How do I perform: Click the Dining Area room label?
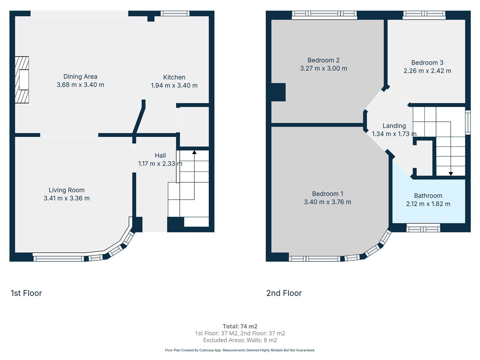[x=80, y=77]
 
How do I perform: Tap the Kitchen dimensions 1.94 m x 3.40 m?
[x=174, y=85]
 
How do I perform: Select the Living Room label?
[x=66, y=190]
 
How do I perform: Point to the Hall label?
[x=160, y=155]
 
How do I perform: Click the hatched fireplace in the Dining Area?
[x=22, y=80]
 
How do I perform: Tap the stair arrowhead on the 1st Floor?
[x=194, y=152]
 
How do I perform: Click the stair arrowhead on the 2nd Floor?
[x=451, y=174]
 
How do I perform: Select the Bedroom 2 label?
[x=323, y=60]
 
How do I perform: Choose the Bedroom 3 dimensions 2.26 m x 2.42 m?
[x=427, y=71]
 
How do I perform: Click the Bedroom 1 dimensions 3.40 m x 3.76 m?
[x=328, y=202]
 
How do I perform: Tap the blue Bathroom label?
[x=428, y=196]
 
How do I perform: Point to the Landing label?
[x=394, y=126]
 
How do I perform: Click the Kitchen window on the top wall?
[x=175, y=13]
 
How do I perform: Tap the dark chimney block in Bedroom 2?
[x=278, y=92]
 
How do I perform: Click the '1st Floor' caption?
[x=26, y=293]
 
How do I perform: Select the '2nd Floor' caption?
[x=284, y=293]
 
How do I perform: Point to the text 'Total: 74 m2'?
[x=240, y=326]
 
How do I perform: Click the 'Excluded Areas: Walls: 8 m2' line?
[x=240, y=340]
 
